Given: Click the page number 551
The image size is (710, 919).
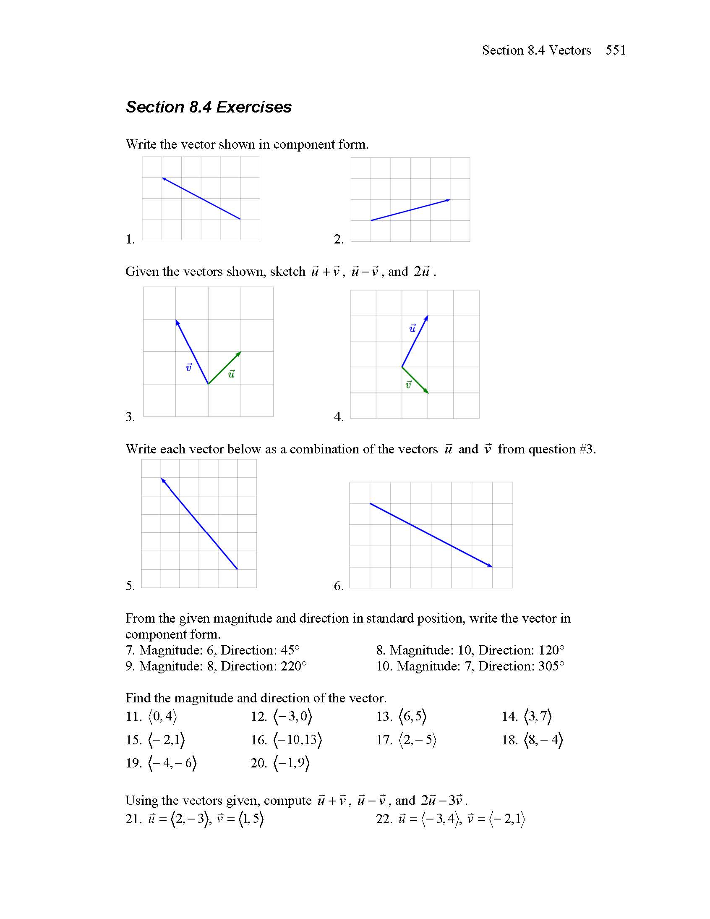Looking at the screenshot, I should point(615,50).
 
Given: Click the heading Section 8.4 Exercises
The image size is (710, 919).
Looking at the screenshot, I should point(209,107).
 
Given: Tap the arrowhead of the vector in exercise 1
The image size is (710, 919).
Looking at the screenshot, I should point(163,178).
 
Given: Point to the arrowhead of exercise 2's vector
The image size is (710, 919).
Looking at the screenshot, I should point(449,200).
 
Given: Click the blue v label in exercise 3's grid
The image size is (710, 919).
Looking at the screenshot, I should point(188,367).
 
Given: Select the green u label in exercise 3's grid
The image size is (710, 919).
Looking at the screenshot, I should point(231,373).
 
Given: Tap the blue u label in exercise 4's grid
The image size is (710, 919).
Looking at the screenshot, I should point(412,328).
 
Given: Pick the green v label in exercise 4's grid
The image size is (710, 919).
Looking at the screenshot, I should point(408,384).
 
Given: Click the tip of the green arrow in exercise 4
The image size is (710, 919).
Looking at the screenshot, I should point(427,392).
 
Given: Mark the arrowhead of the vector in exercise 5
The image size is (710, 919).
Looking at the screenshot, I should point(162,480).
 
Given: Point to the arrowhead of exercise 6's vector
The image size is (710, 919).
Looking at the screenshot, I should point(491,566).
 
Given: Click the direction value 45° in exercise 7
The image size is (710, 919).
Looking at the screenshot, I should point(290,650).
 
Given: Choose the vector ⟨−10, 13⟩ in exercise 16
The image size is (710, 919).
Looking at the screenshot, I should point(298,740).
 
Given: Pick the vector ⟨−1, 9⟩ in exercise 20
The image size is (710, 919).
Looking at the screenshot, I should point(292,763).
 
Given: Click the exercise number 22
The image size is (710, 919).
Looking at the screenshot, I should point(384,819).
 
